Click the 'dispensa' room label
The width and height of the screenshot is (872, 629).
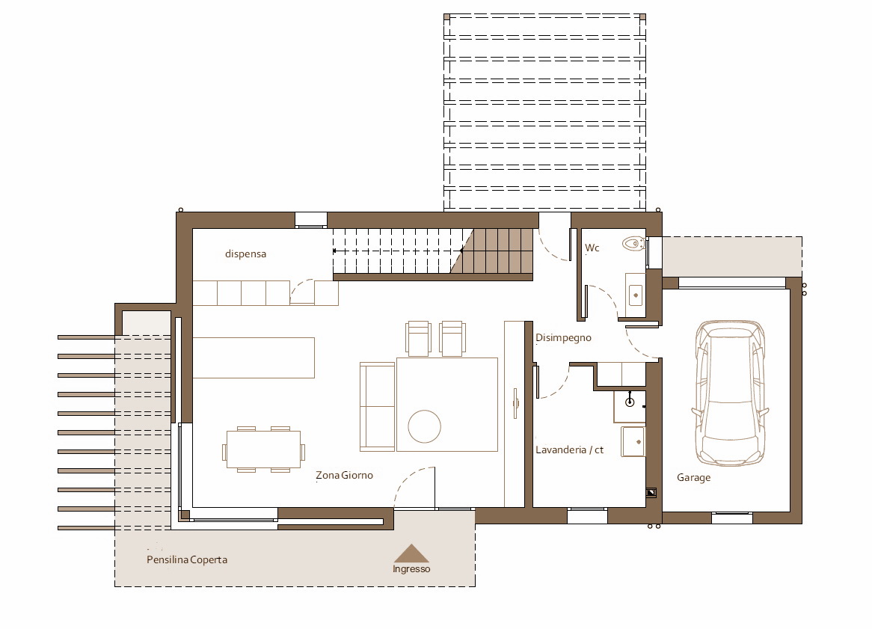tap(245, 254)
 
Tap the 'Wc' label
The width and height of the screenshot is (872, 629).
tap(592, 248)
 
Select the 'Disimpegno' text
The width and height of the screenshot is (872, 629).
tap(563, 338)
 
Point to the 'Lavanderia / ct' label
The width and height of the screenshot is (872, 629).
tap(569, 450)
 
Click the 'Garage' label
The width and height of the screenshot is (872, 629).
tap(693, 478)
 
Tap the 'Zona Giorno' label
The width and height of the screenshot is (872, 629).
tap(344, 476)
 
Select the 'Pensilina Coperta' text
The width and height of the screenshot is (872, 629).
tap(187, 560)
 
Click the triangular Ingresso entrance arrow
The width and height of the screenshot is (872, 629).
tap(411, 554)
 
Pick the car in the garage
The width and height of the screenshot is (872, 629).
tap(730, 393)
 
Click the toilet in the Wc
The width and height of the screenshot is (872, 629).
tap(633, 244)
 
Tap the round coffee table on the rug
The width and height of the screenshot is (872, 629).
tap(424, 426)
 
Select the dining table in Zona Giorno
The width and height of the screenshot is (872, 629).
tap(263, 450)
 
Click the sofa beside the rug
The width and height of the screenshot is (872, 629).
tap(378, 407)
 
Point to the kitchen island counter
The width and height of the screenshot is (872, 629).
tap(254, 358)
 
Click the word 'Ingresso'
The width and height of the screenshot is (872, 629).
tap(411, 569)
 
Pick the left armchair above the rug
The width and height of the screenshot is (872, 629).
tap(418, 338)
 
